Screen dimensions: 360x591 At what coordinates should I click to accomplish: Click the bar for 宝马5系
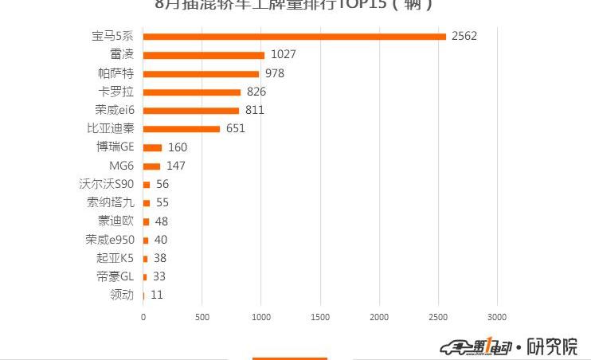(295, 36)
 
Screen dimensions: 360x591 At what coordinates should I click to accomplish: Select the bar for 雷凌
(204, 55)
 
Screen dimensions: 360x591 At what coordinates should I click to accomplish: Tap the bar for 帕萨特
(201, 73)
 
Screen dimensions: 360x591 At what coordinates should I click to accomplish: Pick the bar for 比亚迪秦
(182, 128)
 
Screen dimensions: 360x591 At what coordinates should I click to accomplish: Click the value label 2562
(464, 36)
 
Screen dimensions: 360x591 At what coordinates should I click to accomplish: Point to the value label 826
(256, 92)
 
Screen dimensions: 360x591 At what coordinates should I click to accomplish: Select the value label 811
(254, 110)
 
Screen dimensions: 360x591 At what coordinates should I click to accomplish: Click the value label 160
(177, 147)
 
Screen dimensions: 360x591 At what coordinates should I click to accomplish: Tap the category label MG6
(122, 166)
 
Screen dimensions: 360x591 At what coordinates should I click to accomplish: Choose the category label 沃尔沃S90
(112, 184)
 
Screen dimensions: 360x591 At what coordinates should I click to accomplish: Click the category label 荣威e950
(111, 240)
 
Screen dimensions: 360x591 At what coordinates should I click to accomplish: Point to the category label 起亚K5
(115, 258)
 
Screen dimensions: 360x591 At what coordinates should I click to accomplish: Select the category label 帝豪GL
(115, 276)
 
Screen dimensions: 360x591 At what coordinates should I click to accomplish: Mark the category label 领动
(122, 295)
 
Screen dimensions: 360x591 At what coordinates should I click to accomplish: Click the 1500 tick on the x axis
(320, 317)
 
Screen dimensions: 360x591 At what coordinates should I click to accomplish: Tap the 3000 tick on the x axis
(497, 317)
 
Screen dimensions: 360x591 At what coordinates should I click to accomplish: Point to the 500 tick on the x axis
(202, 317)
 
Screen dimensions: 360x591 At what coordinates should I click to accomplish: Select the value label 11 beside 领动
(157, 295)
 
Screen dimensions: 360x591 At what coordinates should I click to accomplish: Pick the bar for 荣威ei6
(191, 110)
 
